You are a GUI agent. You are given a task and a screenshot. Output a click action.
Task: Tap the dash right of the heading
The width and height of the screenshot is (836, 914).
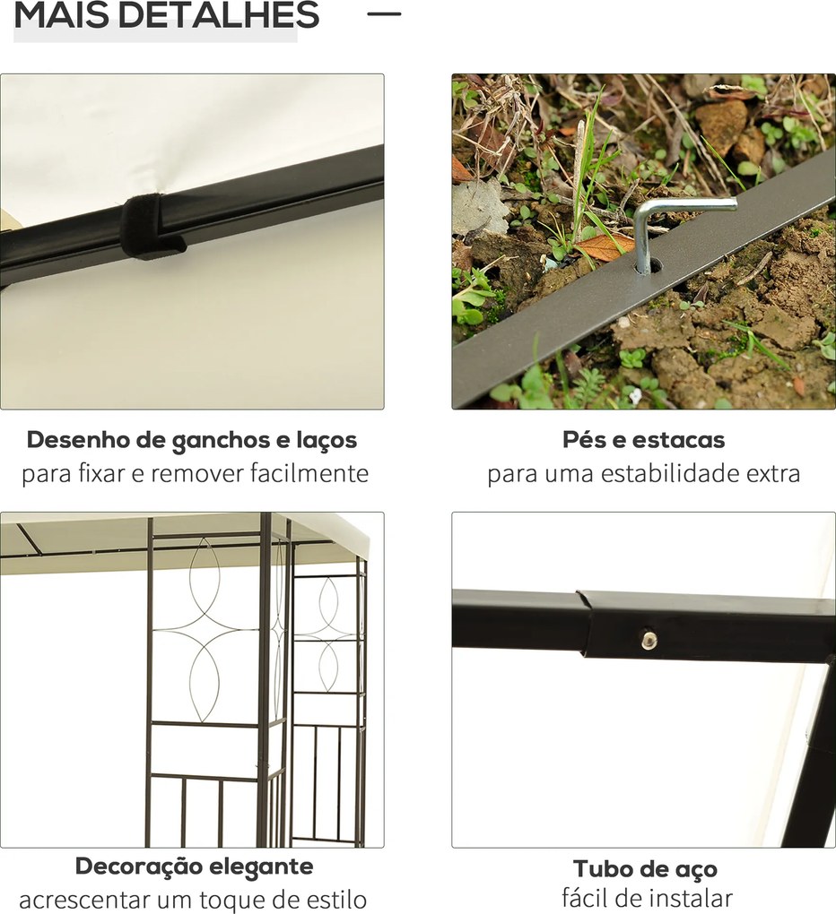(384, 13)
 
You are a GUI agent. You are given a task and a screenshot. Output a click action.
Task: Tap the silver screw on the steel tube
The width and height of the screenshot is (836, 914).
(648, 639)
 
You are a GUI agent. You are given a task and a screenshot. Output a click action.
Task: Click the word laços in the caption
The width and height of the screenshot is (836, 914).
(326, 441)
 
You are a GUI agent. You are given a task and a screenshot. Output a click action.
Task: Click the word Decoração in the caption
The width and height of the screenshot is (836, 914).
(138, 867)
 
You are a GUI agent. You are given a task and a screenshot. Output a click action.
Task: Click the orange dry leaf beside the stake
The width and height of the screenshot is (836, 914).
(602, 246)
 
